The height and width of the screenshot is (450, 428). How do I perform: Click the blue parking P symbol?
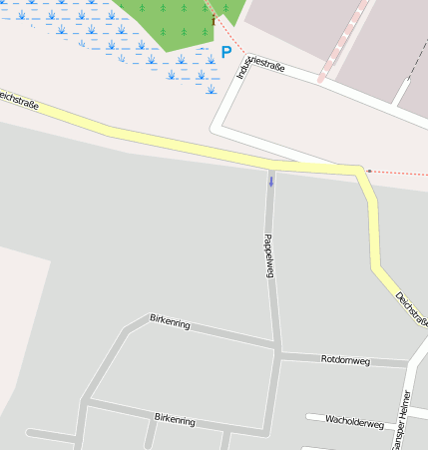[226, 52]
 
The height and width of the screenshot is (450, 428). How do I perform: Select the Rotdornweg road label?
[345, 359]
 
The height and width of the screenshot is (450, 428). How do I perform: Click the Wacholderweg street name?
[354, 423]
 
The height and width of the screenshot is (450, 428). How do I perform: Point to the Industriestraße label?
[261, 67]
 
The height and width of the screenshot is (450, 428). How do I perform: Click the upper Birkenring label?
[170, 320]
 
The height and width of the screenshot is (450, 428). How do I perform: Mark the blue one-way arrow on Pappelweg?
[270, 181]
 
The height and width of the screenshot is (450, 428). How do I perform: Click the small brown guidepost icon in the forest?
[213, 20]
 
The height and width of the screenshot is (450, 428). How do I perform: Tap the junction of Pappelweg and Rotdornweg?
[278, 350]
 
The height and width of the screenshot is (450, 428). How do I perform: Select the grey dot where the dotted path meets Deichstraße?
[368, 171]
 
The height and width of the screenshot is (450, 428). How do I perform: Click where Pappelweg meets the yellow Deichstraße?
[270, 165]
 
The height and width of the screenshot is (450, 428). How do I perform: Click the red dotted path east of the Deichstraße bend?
[399, 173]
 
